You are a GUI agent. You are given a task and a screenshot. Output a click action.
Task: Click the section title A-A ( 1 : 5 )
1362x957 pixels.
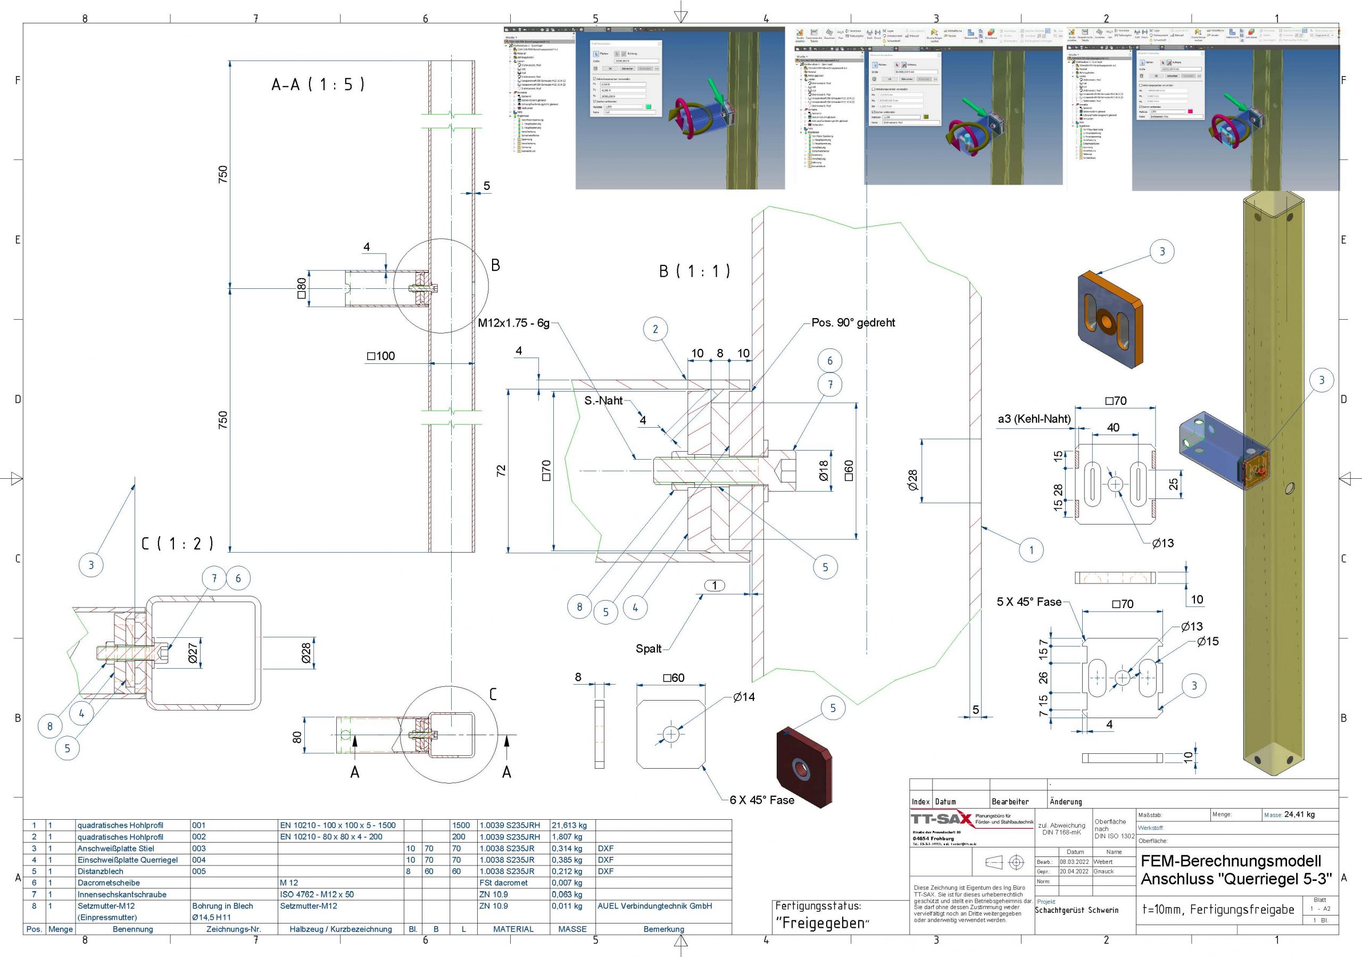[x=318, y=84]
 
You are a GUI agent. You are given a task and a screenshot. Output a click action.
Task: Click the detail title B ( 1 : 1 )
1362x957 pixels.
[x=694, y=271]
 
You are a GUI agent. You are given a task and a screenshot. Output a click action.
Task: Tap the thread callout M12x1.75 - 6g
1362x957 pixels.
[x=514, y=323]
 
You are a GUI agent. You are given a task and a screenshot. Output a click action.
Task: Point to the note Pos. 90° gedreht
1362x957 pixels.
[x=853, y=323]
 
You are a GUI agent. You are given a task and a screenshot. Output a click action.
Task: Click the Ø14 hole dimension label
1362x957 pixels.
[x=744, y=697]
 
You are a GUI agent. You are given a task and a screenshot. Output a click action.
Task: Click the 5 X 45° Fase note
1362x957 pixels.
[x=1028, y=602]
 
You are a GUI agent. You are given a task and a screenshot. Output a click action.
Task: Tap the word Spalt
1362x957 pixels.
[x=649, y=648]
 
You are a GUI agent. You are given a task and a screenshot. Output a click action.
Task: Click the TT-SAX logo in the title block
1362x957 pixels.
[x=941, y=820]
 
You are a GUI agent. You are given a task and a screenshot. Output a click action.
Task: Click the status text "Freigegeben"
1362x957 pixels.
[x=821, y=922]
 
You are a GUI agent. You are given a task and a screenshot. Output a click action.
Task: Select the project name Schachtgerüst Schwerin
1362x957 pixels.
[x=1077, y=910]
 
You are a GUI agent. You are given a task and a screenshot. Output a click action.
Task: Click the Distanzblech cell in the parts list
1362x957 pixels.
[x=101, y=871]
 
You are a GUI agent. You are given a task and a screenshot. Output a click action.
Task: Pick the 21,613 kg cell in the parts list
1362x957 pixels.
[x=569, y=825]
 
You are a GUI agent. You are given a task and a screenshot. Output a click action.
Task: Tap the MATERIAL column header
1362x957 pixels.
[x=513, y=929]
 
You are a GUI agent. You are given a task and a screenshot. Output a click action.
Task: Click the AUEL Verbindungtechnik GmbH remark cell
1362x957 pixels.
[x=654, y=906]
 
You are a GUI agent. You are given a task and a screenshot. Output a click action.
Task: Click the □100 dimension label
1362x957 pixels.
[x=381, y=356]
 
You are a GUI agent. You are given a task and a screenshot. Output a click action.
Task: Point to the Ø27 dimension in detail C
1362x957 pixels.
[x=193, y=653]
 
